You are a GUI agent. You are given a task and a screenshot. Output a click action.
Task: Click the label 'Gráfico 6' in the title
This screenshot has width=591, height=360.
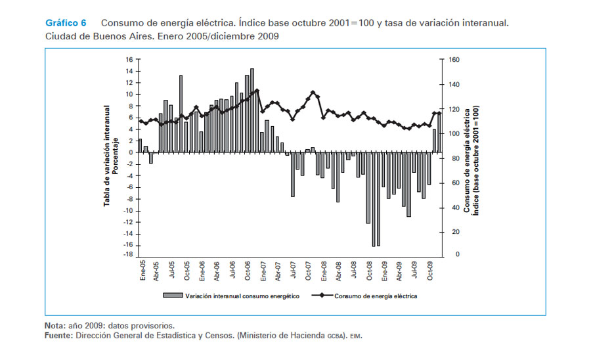pyautogui.click(x=66, y=23)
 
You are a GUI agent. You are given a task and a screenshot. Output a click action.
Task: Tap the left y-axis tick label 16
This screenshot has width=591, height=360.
pyautogui.click(x=129, y=59)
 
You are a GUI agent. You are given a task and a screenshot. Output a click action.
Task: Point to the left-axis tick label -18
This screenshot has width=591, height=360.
pyautogui.click(x=128, y=255)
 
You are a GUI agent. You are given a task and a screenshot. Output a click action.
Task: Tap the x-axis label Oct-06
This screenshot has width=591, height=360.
pyautogui.click(x=249, y=270)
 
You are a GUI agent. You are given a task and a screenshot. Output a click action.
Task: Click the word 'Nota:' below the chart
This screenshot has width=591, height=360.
pyautogui.click(x=55, y=325)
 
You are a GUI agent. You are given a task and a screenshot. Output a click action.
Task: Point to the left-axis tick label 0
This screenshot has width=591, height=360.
pyautogui.click(x=131, y=152)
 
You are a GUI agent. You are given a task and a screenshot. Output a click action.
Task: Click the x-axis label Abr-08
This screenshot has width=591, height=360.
pyautogui.click(x=339, y=270)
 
